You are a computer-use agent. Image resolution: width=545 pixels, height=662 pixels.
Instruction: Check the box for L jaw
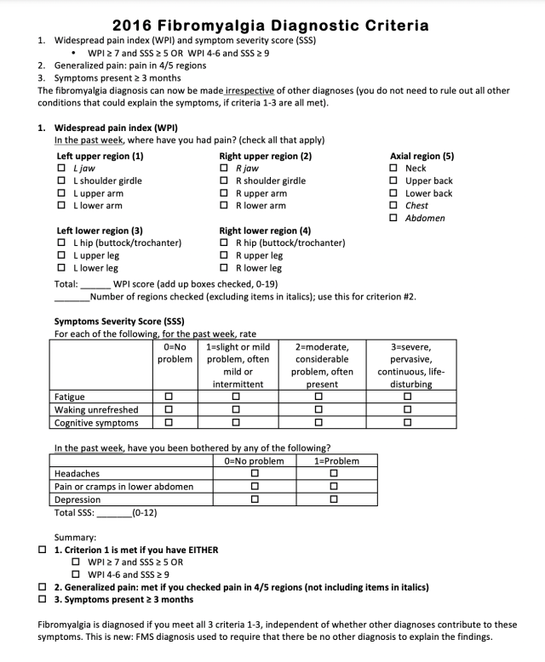[x=61, y=168]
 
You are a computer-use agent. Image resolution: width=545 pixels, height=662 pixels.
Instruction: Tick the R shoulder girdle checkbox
[x=224, y=180]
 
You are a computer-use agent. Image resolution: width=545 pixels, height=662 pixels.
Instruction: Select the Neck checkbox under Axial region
[x=393, y=168]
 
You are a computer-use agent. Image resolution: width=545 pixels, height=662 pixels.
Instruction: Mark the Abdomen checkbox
[x=393, y=218]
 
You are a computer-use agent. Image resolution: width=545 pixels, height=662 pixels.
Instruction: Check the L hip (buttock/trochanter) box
[x=61, y=243]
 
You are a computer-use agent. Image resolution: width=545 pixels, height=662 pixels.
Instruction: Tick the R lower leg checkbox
[x=224, y=268]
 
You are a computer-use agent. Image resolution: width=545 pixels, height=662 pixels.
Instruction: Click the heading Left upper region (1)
[x=100, y=157]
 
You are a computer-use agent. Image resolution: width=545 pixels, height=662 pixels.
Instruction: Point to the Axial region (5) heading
[x=422, y=157]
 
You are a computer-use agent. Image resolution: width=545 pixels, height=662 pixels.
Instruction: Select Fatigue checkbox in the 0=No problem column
[x=169, y=396]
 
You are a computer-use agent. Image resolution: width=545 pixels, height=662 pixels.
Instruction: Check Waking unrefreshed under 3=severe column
[x=408, y=409]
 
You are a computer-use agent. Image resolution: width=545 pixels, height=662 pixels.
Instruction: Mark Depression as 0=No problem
[x=254, y=499]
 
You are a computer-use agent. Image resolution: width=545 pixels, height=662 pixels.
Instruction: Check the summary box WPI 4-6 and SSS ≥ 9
[x=77, y=574]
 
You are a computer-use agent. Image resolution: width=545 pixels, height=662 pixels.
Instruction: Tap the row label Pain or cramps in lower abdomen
[x=123, y=487]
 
